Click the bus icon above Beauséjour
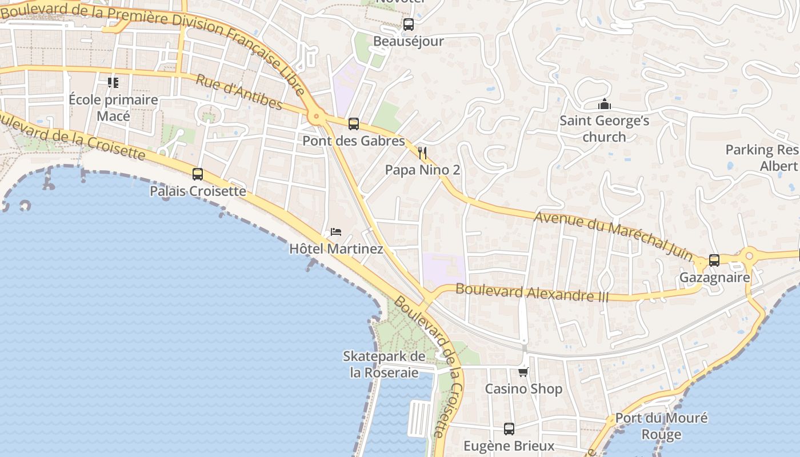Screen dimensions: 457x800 pos(408,25)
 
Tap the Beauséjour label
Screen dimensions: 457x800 pos(408,42)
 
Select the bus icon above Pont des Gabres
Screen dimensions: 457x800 pos(354,123)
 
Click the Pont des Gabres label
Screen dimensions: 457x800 pos(354,141)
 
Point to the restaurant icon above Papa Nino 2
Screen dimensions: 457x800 pos(422,153)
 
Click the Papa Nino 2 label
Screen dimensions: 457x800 pos(422,170)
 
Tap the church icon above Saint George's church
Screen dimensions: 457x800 pos(604,104)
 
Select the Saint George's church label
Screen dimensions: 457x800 pos(604,129)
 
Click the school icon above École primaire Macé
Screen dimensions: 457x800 pos(113,83)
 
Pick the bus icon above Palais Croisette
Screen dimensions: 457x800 pos(198,174)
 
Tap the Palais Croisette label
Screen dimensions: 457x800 pos(198,191)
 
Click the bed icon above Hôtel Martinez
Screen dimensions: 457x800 pos(336,232)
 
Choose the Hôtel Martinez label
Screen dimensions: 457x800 pos(336,249)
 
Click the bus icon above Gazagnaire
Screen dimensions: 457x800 pos(714,260)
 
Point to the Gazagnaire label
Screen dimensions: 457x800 pos(714,278)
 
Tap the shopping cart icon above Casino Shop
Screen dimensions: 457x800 pos(523,372)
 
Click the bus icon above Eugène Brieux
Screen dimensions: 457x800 pos(509,428)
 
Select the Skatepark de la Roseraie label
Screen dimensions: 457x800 pos(384,364)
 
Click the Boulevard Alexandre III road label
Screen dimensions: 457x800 pos(531,293)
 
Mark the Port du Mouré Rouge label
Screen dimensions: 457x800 pos(661,426)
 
